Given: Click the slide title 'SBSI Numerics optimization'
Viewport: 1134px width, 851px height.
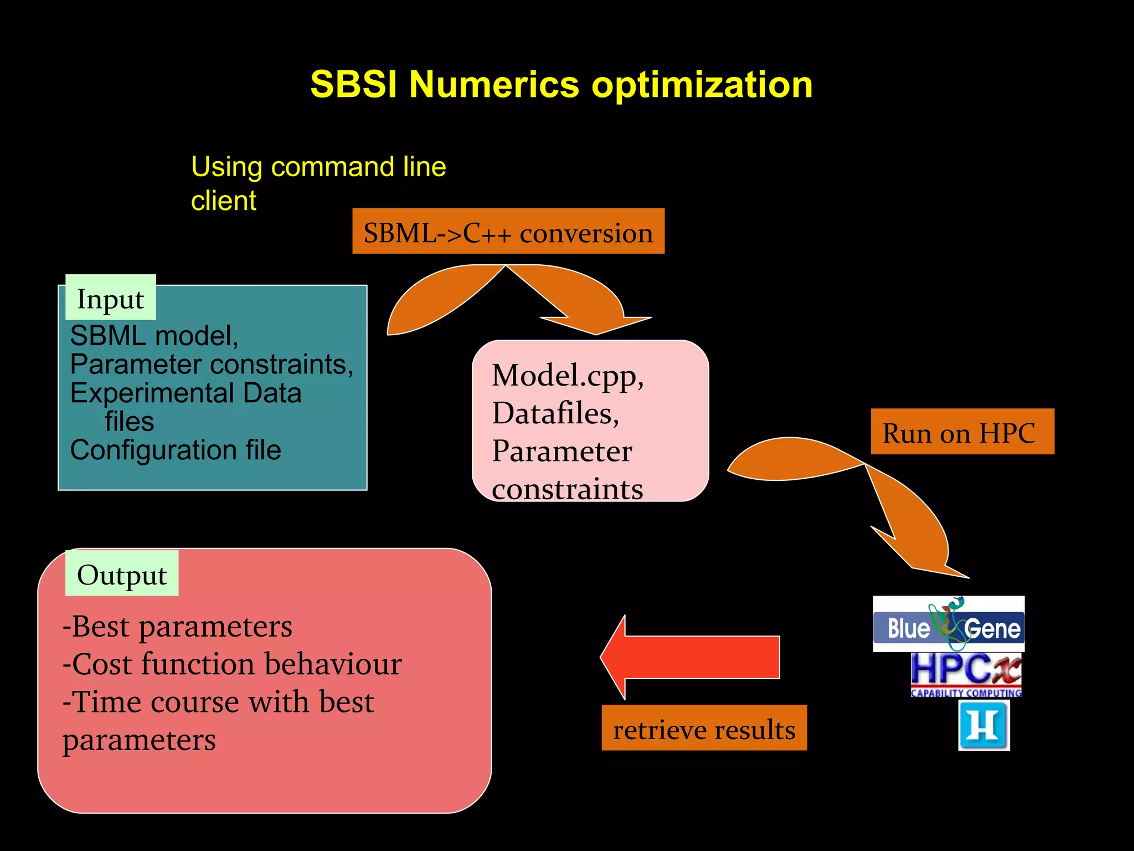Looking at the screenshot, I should [561, 85].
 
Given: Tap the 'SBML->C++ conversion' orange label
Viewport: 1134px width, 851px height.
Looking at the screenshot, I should [508, 232].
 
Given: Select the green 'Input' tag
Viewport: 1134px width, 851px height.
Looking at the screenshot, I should [111, 298].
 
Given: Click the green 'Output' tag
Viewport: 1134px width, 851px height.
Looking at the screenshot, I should [122, 573].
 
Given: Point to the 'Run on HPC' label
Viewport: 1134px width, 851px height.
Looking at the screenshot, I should [962, 432].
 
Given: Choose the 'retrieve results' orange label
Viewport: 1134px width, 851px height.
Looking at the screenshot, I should [704, 728].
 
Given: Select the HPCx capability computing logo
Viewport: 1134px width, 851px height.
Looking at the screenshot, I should [966, 674].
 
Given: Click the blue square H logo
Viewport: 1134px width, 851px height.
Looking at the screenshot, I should [983, 725].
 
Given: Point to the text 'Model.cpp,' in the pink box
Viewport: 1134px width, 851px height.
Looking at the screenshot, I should [568, 375].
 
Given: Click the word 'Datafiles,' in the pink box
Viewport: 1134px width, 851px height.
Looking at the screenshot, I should [555, 413].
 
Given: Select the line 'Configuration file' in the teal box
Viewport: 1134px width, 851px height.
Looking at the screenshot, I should [176, 449].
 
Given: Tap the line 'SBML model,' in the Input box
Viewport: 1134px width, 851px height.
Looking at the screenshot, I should [154, 335].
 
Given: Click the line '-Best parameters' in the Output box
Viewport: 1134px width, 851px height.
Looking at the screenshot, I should [177, 626].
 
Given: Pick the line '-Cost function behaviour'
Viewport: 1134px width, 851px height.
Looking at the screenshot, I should [232, 664].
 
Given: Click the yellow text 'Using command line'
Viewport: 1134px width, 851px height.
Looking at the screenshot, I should [318, 166].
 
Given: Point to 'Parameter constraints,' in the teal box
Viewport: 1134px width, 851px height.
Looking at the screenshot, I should [212, 364].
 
